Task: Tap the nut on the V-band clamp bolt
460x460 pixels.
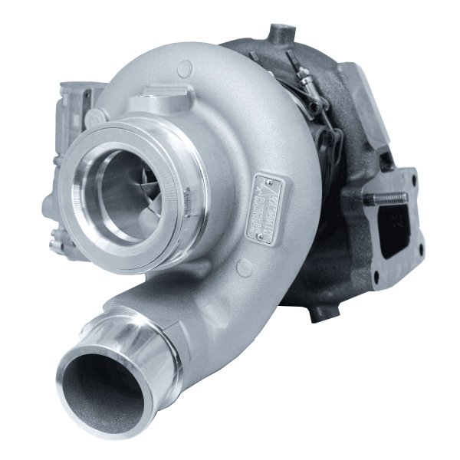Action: tap(305, 77)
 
